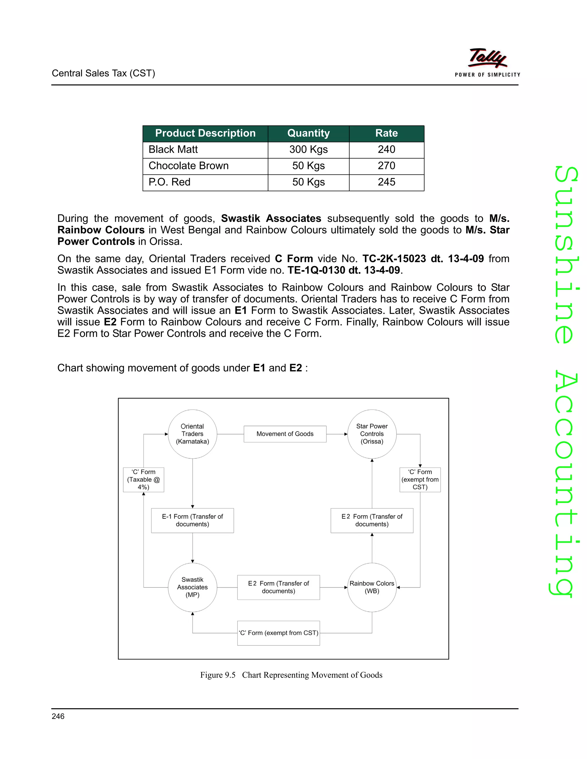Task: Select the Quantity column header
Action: pyautogui.click(x=308, y=133)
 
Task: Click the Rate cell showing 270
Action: pyautogui.click(x=386, y=166)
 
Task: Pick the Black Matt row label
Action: pyautogui.click(x=173, y=150)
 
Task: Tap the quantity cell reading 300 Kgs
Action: pyautogui.click(x=308, y=150)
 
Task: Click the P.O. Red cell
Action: pyautogui.click(x=170, y=182)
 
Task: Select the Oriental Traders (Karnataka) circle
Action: pyautogui.click(x=192, y=434)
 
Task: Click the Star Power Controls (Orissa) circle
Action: pyautogui.click(x=372, y=434)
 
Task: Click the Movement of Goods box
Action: pyautogui.click(x=285, y=434)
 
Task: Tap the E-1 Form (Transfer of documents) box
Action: pyautogui.click(x=192, y=520)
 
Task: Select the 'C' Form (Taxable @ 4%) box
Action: pyautogui.click(x=143, y=479)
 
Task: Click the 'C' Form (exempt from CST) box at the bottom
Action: pyautogui.click(x=279, y=633)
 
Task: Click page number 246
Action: pyautogui.click(x=58, y=716)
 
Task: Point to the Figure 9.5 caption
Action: pyautogui.click(x=291, y=675)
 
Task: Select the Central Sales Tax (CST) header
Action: pyautogui.click(x=103, y=73)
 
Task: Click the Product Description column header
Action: pyautogui.click(x=205, y=133)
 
